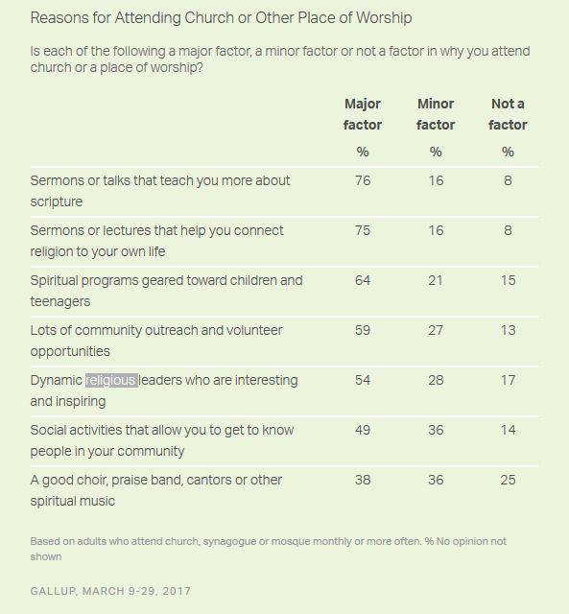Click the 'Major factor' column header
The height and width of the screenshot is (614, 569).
[x=363, y=114]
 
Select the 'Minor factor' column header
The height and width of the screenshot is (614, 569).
[x=436, y=114]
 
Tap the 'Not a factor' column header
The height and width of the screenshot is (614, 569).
[x=508, y=114]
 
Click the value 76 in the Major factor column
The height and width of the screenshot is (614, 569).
[x=363, y=180]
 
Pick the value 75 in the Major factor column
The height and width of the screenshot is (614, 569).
[x=363, y=230]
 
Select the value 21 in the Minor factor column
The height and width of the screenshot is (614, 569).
[x=436, y=280]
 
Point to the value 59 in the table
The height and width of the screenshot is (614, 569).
[x=363, y=330]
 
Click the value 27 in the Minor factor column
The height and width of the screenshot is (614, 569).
[x=436, y=330]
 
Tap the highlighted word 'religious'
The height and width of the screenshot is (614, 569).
[x=111, y=380]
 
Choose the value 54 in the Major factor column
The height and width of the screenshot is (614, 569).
[x=363, y=380]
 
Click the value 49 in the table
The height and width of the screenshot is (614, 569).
[x=363, y=430]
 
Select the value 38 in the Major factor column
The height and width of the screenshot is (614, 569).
[x=363, y=480]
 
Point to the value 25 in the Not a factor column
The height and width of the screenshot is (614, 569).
[x=508, y=480]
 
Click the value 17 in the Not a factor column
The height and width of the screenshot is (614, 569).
[x=508, y=380]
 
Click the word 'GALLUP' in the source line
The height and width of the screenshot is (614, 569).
[x=53, y=591]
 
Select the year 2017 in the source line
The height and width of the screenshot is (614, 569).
[x=177, y=591]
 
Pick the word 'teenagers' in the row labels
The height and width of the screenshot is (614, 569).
[x=60, y=301]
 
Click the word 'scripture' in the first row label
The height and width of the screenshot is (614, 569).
[x=57, y=201]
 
